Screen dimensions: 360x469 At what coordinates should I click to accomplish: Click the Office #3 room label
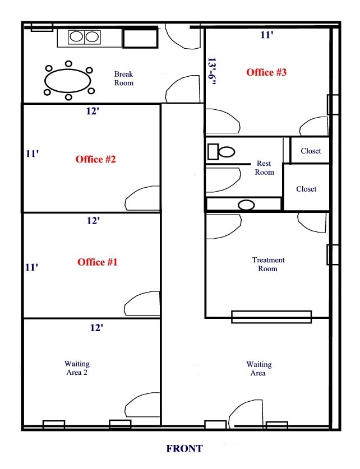266,72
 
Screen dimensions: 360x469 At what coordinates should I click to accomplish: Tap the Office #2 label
95,159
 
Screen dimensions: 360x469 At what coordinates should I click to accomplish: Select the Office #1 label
97,262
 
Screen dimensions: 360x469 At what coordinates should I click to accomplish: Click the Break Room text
123,78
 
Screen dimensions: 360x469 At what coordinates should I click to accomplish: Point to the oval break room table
68,81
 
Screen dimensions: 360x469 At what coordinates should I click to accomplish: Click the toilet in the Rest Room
221,152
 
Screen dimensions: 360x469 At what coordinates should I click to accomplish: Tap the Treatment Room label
268,264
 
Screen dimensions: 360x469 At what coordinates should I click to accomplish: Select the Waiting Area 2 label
77,368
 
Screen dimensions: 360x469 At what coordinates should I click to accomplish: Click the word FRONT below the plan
184,448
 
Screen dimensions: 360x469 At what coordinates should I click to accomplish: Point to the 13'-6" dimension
212,72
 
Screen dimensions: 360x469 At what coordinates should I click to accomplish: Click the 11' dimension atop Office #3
266,35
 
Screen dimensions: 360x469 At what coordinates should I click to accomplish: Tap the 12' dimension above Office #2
93,111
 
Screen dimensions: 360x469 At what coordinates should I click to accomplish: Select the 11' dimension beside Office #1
32,267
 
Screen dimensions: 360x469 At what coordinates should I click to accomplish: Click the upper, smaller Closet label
311,151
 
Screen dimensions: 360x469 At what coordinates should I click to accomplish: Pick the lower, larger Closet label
306,189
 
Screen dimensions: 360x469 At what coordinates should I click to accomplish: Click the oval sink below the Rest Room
246,205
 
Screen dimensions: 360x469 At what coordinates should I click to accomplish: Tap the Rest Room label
264,168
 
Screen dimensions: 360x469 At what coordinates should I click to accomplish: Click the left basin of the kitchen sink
76,36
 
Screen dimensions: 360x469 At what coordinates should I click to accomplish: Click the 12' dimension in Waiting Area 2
96,328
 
